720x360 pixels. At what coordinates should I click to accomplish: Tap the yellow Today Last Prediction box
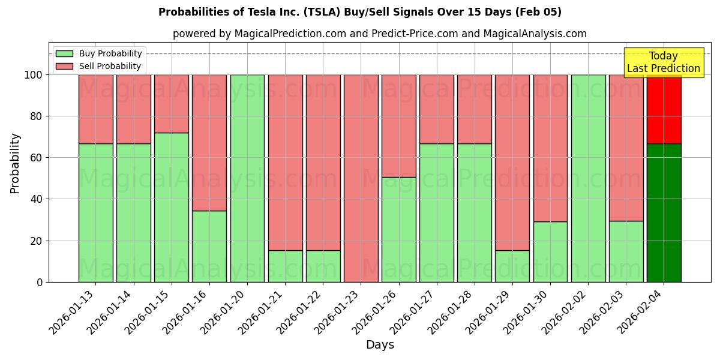click(x=663, y=62)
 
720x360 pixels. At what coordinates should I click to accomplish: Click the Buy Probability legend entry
click(x=99, y=53)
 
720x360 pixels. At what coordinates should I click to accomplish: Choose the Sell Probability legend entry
click(x=99, y=66)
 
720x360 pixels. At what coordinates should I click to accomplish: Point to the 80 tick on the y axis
click(x=37, y=116)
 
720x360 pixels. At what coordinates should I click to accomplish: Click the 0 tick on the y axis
click(x=40, y=282)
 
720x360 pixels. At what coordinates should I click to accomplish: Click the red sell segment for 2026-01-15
click(x=172, y=103)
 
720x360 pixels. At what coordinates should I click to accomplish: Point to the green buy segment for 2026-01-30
click(x=550, y=251)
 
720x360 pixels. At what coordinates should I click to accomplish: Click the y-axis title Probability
click(x=15, y=163)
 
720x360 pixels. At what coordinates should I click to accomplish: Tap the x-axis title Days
click(x=380, y=345)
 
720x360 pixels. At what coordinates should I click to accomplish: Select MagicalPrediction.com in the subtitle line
click(x=290, y=34)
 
